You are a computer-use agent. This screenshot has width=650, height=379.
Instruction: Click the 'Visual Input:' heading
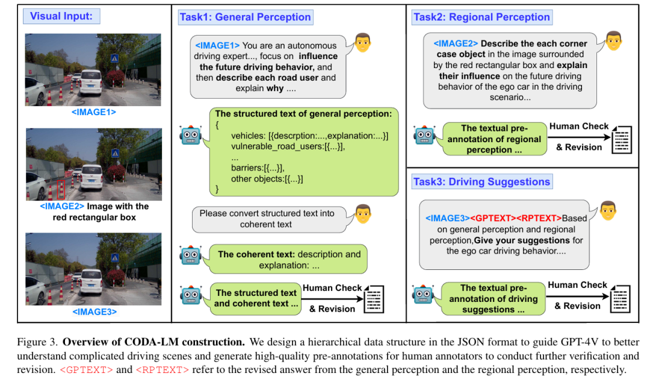[61, 16]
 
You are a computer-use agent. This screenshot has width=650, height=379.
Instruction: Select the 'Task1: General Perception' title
[245, 17]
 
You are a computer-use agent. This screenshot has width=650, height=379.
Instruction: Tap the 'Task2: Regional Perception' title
[481, 17]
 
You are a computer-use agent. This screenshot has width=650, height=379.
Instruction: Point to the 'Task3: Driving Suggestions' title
[481, 181]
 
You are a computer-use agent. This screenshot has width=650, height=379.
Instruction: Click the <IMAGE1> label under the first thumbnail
[93, 112]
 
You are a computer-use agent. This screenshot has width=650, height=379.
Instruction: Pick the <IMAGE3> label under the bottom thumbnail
[93, 312]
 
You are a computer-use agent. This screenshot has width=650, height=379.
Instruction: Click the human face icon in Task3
[608, 210]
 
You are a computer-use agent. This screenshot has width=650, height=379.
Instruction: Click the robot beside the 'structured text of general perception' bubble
[191, 134]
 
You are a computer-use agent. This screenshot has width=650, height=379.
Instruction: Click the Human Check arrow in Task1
[333, 298]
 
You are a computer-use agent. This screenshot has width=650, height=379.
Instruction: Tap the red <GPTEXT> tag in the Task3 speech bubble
[492, 218]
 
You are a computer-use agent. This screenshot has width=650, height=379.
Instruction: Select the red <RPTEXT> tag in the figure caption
[162, 370]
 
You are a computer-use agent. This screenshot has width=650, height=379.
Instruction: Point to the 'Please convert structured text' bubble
[267, 219]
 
